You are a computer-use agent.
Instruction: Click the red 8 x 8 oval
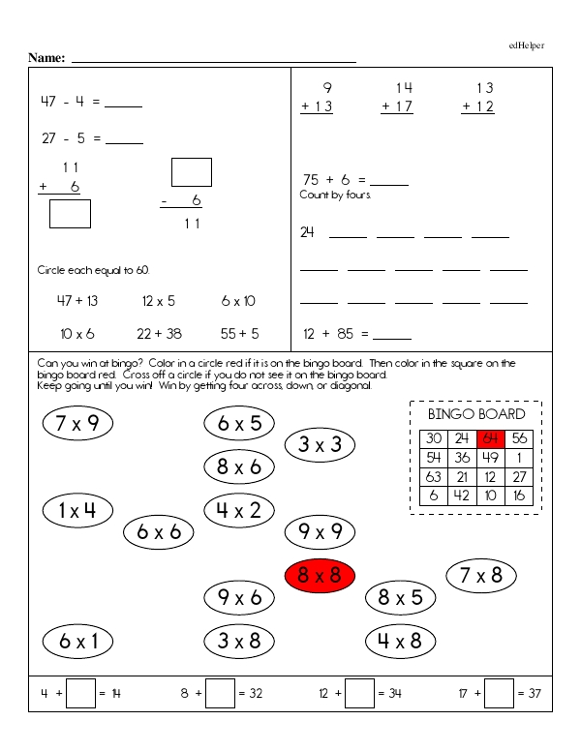click(x=320, y=575)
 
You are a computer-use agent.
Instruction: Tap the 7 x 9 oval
click(x=78, y=422)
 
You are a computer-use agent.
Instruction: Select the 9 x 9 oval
click(x=320, y=531)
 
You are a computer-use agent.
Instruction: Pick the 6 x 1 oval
click(x=78, y=640)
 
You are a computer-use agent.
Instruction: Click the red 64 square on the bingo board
click(x=491, y=437)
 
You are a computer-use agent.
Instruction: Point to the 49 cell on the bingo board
click(x=491, y=457)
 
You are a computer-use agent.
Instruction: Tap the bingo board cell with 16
click(x=519, y=496)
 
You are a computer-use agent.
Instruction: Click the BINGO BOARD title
click(x=476, y=414)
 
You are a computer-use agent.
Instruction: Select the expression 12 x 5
click(x=158, y=301)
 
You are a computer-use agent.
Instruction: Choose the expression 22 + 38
click(x=159, y=334)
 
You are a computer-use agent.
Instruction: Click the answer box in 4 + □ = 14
click(x=81, y=693)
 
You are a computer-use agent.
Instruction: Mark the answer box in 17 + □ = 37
click(x=499, y=693)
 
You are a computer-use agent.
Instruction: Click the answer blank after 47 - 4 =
click(x=123, y=104)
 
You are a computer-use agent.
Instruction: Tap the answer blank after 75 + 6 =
click(x=389, y=181)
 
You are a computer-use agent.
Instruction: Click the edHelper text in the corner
click(x=527, y=45)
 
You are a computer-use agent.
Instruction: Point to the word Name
click(x=46, y=58)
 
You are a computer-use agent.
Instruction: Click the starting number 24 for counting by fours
click(x=308, y=232)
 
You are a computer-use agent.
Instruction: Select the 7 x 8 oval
click(x=481, y=575)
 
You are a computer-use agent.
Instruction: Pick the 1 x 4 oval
click(x=77, y=509)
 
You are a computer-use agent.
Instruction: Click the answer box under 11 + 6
click(x=70, y=213)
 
